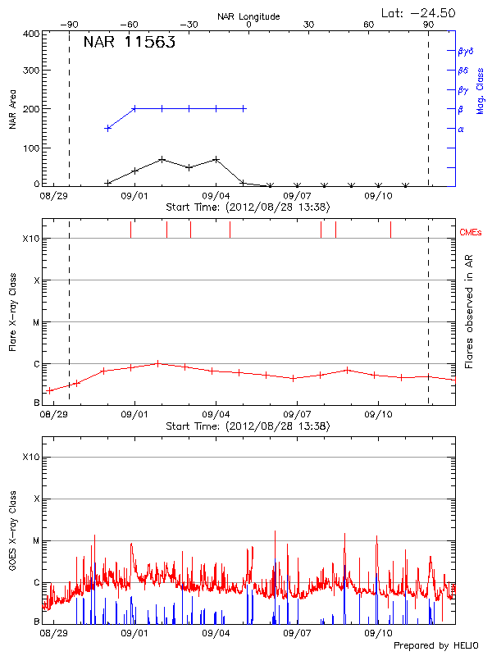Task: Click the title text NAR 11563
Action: tap(130, 43)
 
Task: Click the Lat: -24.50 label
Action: tap(419, 12)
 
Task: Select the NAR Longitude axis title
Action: tap(248, 16)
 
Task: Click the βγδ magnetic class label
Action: tap(465, 51)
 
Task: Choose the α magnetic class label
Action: tap(460, 129)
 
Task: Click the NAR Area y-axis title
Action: tap(13, 109)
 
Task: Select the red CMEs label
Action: tap(470, 232)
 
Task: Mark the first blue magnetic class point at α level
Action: tap(107, 128)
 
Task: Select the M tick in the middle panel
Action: tap(36, 322)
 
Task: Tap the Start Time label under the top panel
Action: tap(248, 207)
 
